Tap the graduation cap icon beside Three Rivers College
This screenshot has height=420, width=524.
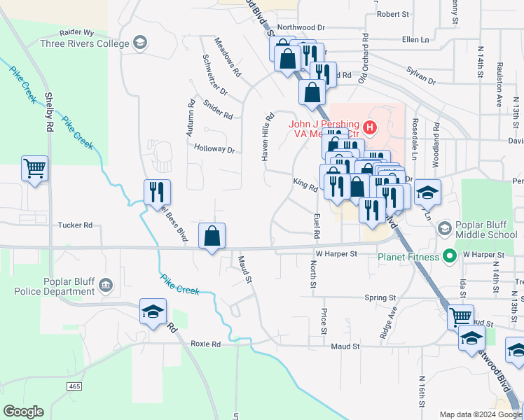click(x=139, y=43)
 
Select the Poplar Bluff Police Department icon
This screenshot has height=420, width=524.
click(x=106, y=285)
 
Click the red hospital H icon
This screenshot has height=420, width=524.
click(x=368, y=127)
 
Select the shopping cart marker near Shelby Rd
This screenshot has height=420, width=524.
click(x=34, y=169)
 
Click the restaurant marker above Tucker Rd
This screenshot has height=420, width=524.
click(x=157, y=192)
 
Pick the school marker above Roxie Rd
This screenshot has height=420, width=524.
click(x=153, y=312)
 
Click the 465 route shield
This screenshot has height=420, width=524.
click(x=75, y=386)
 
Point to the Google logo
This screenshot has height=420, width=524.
click(x=24, y=412)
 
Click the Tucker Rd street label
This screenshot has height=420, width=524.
click(x=75, y=225)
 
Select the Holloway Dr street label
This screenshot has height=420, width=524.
click(x=214, y=149)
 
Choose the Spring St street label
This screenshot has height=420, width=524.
click(x=380, y=297)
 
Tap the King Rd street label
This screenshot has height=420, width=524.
click(x=305, y=184)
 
